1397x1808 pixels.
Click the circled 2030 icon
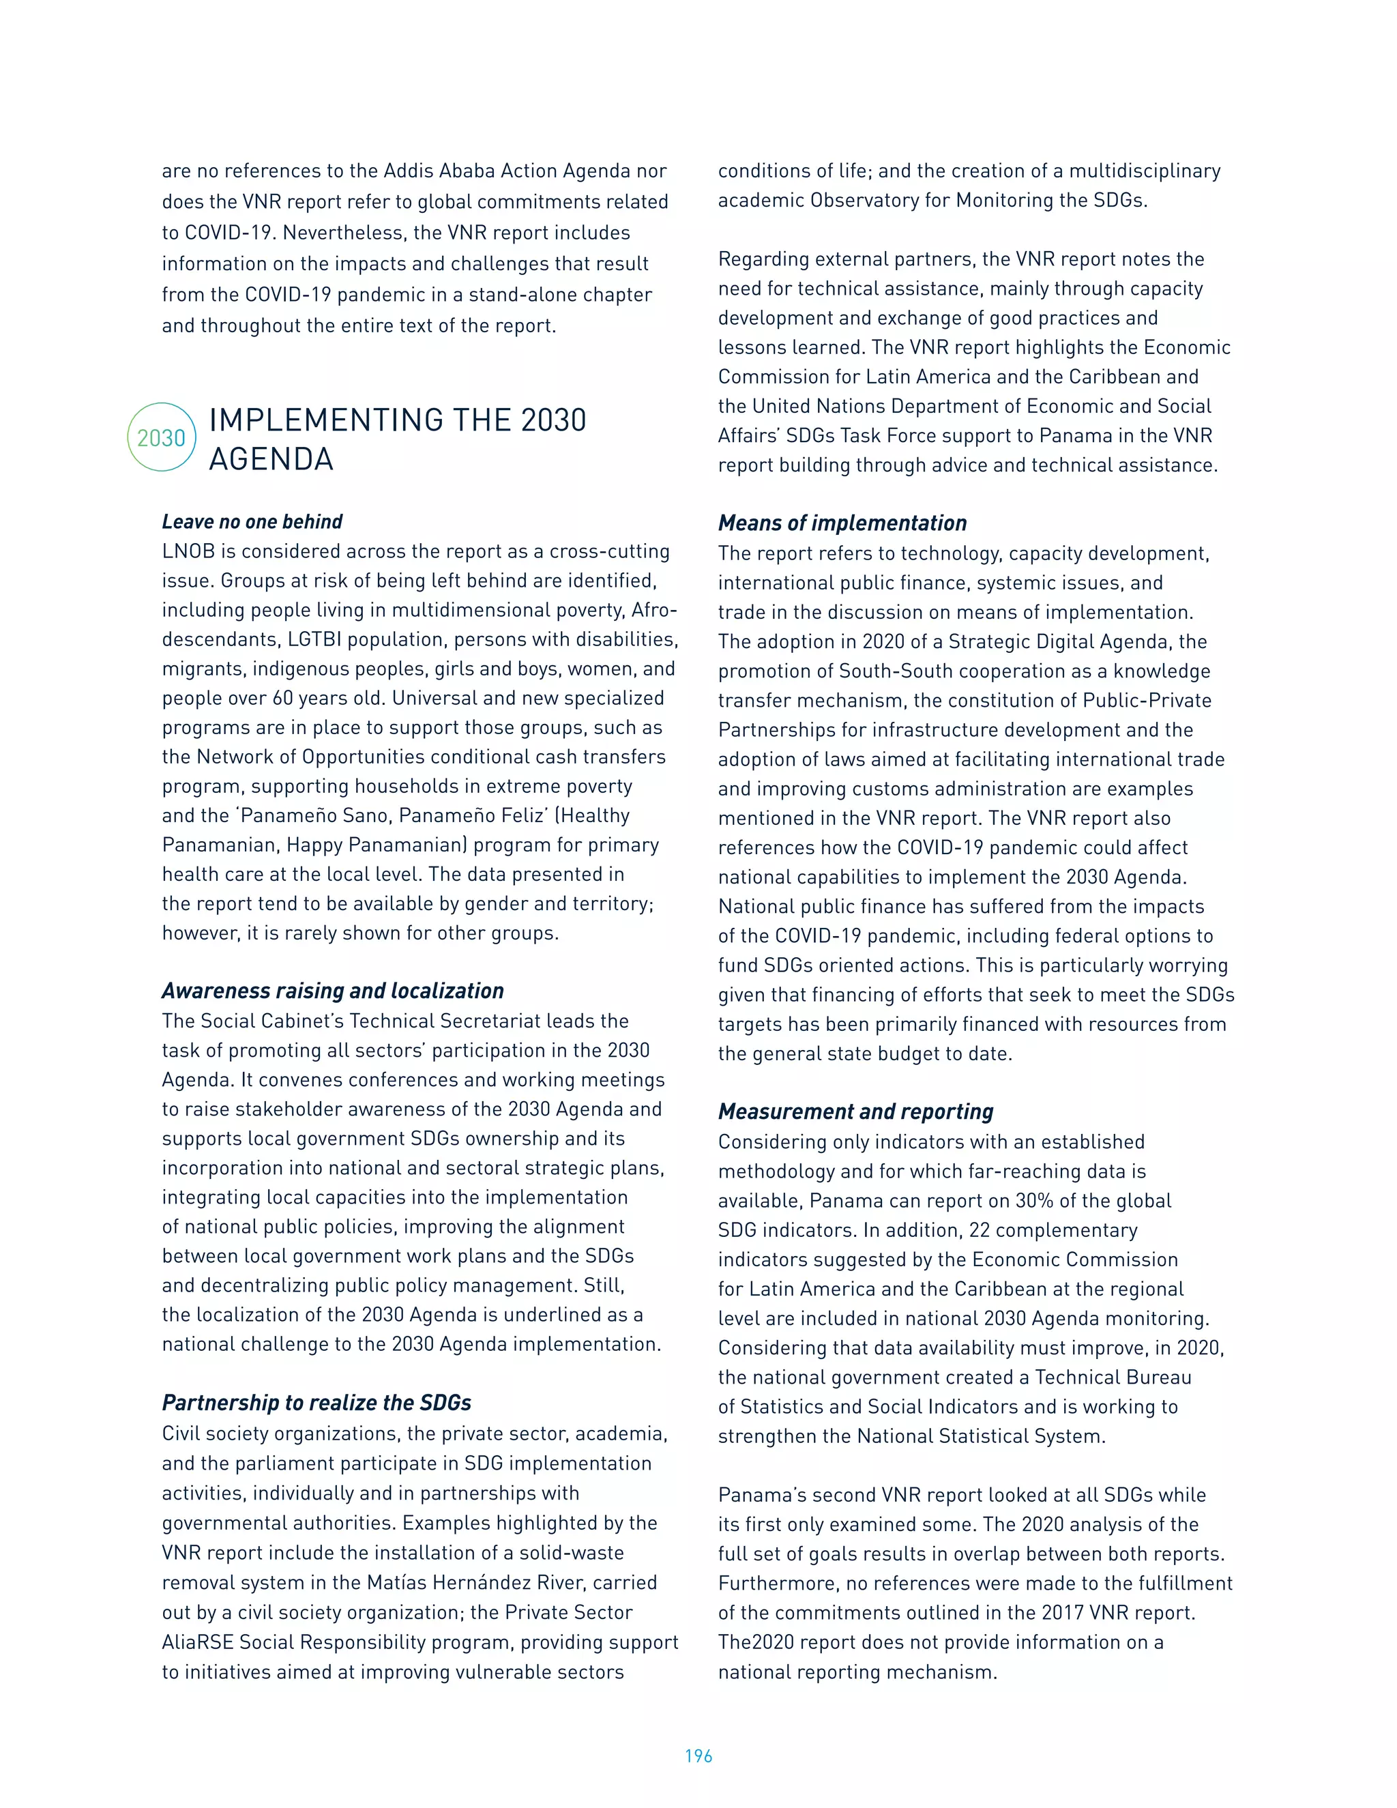click(x=162, y=437)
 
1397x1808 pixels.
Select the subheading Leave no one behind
click(x=252, y=521)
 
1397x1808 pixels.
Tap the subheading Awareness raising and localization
click(x=333, y=991)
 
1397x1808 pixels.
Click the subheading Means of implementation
click(x=842, y=523)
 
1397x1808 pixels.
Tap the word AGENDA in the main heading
click(x=271, y=459)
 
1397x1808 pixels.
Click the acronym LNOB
click(x=188, y=551)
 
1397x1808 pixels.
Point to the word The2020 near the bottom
click(x=756, y=1642)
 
